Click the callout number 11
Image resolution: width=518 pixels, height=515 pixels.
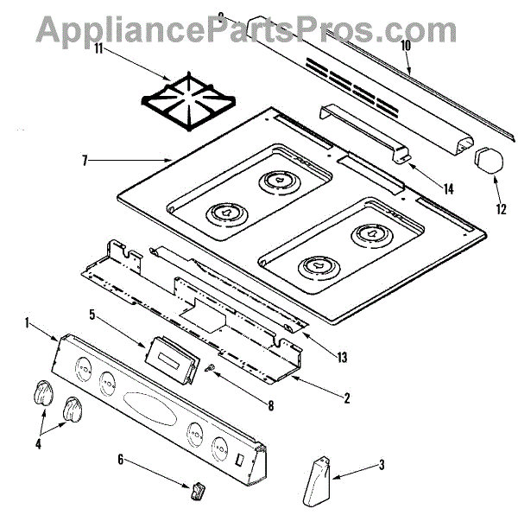99,48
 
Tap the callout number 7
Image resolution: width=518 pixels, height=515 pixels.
83,160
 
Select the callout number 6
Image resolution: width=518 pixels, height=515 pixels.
120,459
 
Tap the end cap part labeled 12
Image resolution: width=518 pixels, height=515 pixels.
489,161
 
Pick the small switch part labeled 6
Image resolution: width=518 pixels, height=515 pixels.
198,493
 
